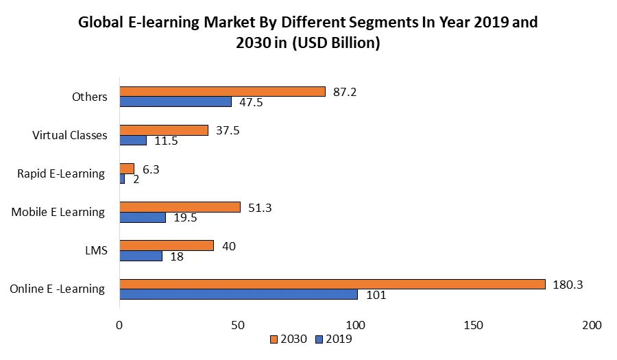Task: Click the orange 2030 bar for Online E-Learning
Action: (x=332, y=284)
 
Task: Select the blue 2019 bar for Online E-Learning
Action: (x=239, y=294)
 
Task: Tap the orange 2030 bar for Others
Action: (x=222, y=91)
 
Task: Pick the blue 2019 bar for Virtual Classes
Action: (x=133, y=140)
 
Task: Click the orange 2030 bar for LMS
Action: (x=167, y=245)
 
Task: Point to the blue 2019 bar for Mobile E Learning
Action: (x=143, y=217)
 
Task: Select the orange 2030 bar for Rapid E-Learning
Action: (x=127, y=169)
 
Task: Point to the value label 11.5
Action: (x=165, y=141)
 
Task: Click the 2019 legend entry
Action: (x=334, y=338)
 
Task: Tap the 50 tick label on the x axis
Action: (x=238, y=324)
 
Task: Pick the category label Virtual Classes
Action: (x=70, y=135)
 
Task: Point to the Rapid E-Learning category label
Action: (x=61, y=173)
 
